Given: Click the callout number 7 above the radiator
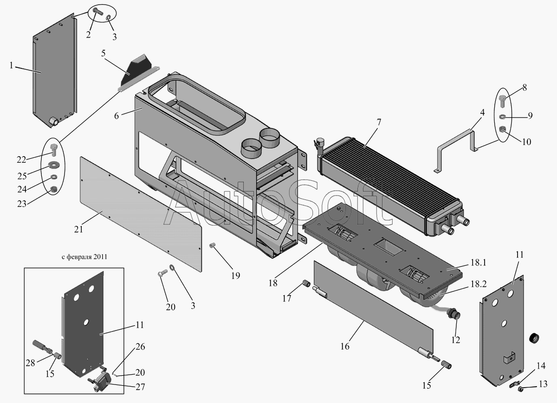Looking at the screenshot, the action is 379,123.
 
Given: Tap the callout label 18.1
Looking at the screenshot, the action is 478,263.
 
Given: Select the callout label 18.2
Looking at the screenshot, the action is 478,284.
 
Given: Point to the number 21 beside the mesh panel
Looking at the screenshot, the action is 78,230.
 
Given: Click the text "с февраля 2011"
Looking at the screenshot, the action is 84,257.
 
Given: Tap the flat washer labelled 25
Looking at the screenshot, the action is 52,165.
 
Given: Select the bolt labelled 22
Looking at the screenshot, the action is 54,150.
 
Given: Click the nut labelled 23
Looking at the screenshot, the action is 54,190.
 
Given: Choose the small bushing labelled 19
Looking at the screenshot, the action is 212,245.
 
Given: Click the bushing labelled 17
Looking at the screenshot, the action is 305,284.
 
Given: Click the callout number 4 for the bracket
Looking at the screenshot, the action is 482,112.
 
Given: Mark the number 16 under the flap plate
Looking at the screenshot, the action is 345,346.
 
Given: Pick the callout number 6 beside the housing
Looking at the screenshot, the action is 117,116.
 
